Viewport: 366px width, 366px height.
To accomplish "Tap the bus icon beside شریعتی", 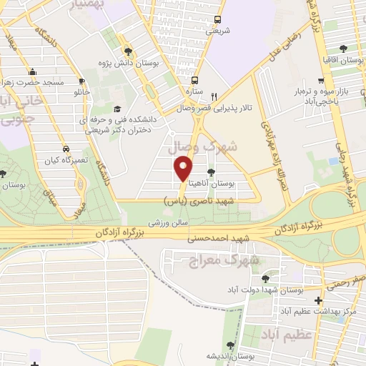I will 217,20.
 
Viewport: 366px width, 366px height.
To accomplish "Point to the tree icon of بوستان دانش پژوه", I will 128,51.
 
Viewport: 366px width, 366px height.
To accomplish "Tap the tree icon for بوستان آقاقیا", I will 343,49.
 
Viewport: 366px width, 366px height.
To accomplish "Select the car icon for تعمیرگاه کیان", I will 66,149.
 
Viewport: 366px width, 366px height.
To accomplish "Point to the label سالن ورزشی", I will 169,222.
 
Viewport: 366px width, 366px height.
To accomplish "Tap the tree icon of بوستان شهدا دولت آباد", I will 266,278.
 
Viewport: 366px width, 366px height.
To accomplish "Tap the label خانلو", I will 82,93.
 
